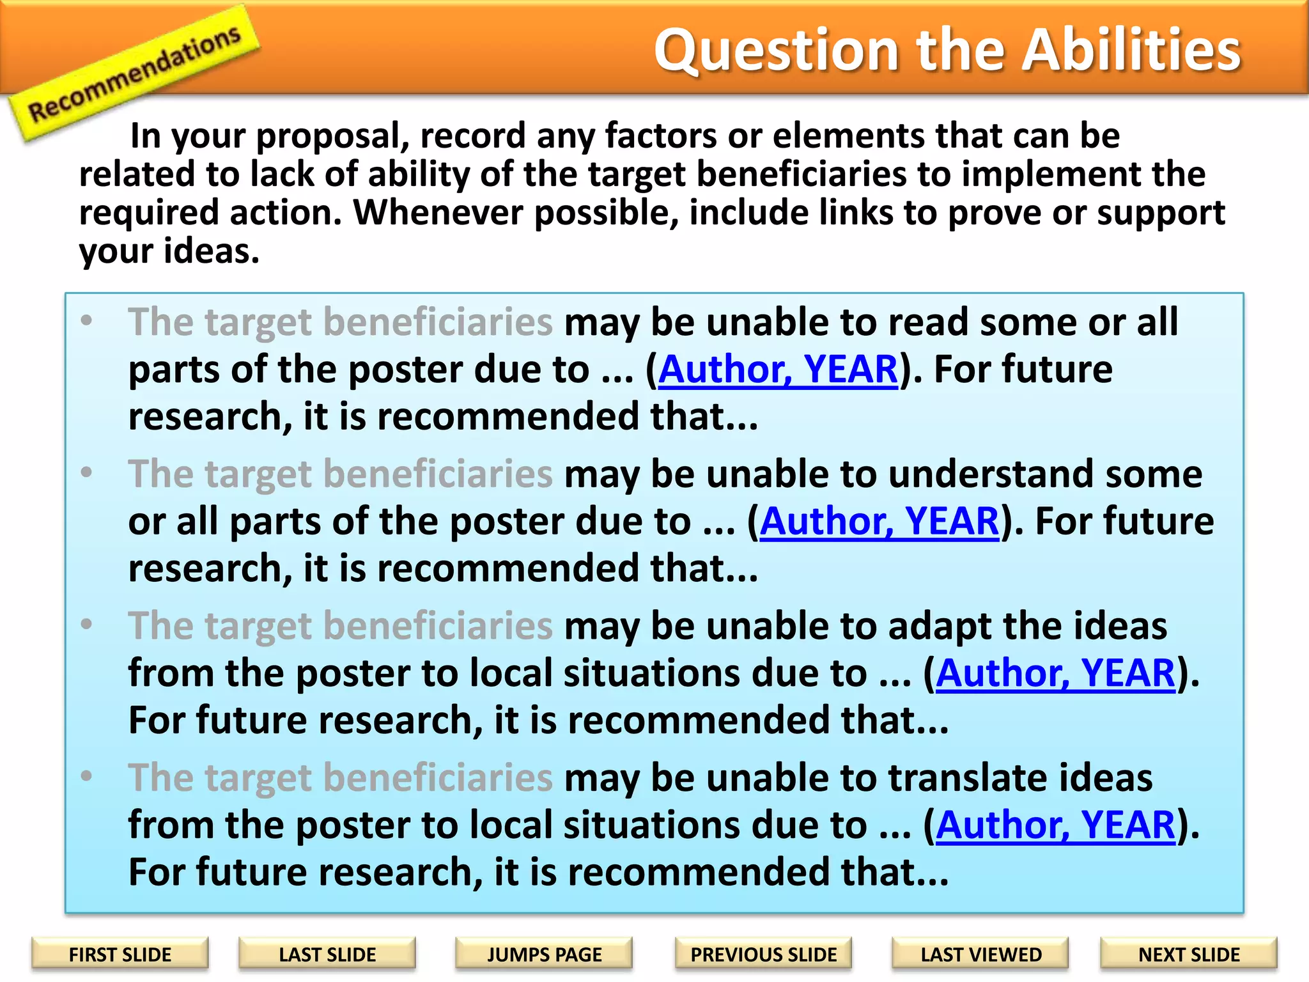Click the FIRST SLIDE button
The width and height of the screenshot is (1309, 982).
click(x=120, y=954)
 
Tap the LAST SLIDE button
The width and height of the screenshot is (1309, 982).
click(x=327, y=954)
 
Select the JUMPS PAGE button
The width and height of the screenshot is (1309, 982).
click(x=544, y=954)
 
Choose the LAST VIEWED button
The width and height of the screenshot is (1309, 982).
click(x=980, y=954)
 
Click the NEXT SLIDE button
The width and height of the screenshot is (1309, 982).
click(x=1188, y=954)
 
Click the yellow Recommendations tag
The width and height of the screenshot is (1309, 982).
click(x=134, y=74)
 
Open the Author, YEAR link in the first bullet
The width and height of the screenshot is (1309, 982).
click(x=778, y=370)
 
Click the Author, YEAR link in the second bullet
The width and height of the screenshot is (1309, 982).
click(x=879, y=521)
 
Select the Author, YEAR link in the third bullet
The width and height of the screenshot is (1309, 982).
click(x=1055, y=673)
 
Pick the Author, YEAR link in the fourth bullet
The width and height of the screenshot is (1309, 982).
click(x=1055, y=825)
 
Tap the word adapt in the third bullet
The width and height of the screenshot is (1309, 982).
click(x=940, y=627)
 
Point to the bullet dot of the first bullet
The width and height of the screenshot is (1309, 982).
click(x=87, y=320)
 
